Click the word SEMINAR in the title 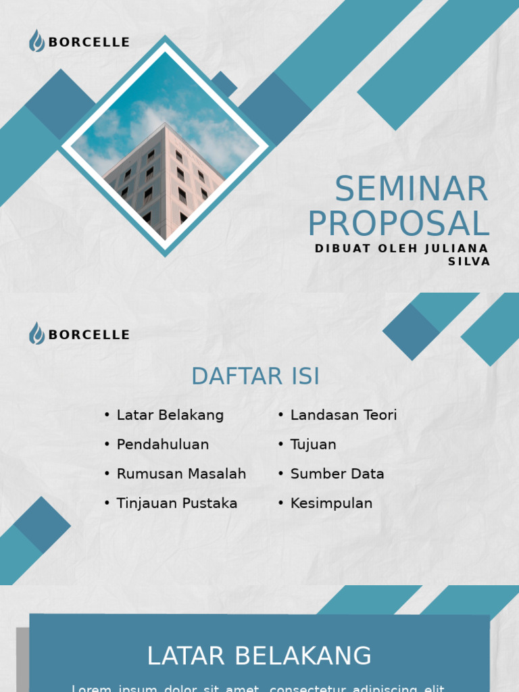411,189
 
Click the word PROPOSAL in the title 399,224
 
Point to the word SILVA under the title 469,262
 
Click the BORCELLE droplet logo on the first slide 36,41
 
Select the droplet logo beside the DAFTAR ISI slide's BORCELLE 36,334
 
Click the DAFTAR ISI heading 255,376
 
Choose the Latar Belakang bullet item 170,415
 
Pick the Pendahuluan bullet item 162,445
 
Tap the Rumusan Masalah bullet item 181,474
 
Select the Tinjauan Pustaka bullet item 176,503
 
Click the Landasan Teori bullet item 343,415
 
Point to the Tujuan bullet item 313,445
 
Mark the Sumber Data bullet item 337,474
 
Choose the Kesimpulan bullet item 331,503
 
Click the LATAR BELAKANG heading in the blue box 259,656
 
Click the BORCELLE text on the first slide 89,43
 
